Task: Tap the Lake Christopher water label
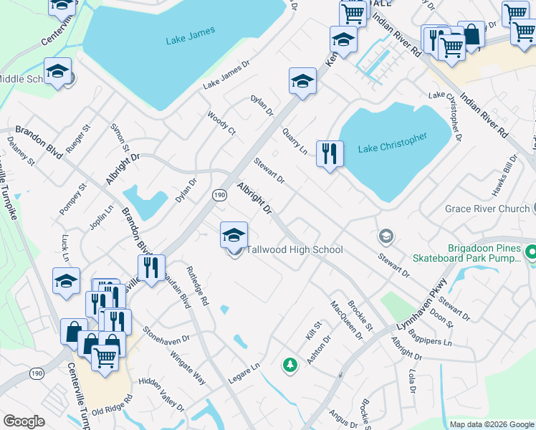(x=393, y=143)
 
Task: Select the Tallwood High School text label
(x=295, y=250)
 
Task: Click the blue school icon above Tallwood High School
(x=234, y=235)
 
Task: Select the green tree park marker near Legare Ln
(x=289, y=365)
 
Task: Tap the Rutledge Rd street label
(x=197, y=287)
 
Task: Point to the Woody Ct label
(x=221, y=123)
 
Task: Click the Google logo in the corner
(x=24, y=421)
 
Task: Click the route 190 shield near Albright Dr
(x=220, y=194)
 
